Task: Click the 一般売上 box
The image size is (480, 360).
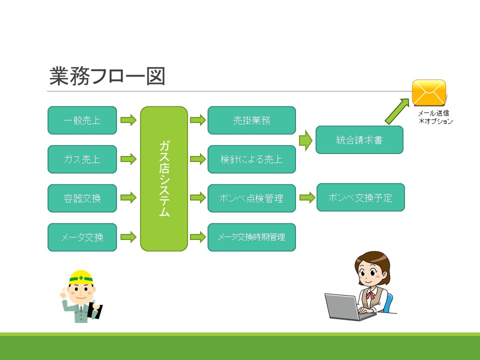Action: pos(82,120)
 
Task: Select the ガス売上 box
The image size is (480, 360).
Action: pos(82,159)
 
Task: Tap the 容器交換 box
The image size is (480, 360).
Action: pos(82,198)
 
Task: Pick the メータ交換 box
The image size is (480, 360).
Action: pos(82,237)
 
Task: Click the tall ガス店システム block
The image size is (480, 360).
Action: pos(164,179)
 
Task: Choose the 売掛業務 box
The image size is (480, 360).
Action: pos(251,120)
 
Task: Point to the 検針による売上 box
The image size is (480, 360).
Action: pos(251,159)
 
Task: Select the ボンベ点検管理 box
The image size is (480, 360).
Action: pos(251,198)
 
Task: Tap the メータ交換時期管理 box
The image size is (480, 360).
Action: pos(251,237)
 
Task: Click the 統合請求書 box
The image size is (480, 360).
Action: pos(359,139)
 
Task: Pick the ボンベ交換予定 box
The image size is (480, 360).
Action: pos(360,197)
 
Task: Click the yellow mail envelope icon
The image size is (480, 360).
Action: pos(429,93)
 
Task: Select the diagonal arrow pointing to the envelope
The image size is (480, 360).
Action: pos(397,111)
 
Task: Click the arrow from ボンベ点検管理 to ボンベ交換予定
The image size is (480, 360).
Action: pos(307,197)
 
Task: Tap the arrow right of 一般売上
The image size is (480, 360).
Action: pos(128,120)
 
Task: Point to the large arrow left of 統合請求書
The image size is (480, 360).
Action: pos(305,140)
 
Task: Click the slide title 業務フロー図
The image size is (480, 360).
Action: pos(107,76)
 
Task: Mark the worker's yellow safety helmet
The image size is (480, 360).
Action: pos(81,277)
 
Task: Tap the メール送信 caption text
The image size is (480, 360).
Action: pos(433,113)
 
